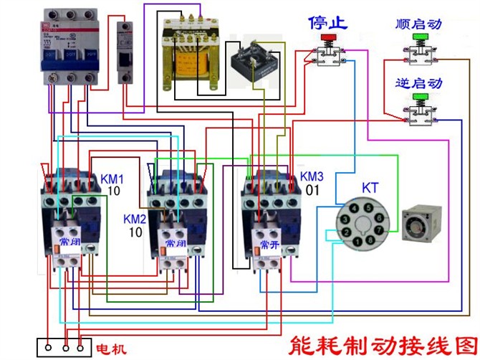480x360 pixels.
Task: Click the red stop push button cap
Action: (328, 37)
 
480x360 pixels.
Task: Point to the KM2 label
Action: (135, 218)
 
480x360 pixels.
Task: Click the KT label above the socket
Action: (370, 188)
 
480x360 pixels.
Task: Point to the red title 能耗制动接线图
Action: (380, 341)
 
